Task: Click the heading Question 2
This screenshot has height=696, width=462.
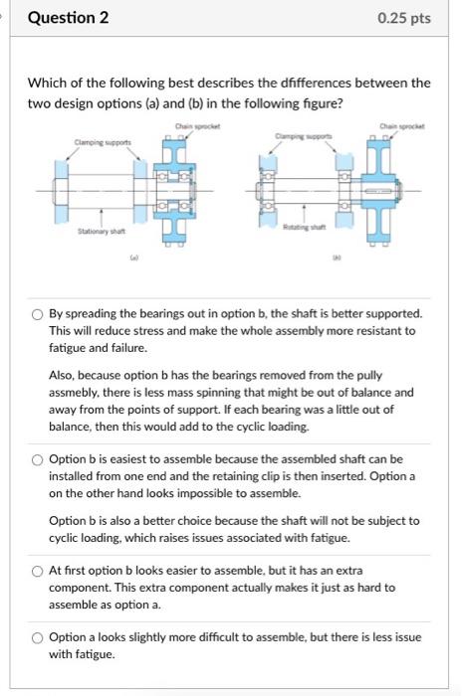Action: pos(68,18)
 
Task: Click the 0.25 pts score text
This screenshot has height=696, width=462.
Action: pos(404,18)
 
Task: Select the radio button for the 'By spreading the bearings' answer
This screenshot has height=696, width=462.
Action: pos(37,314)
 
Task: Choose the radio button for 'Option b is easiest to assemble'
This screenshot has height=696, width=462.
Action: pos(37,459)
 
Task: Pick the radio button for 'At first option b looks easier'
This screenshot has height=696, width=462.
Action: pos(37,572)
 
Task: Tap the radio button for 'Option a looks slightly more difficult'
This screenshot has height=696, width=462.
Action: pos(37,638)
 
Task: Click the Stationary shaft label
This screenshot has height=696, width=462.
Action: pos(102,232)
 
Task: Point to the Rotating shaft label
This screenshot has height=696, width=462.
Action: pos(305,227)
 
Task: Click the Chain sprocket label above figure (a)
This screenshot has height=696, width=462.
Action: pos(197,126)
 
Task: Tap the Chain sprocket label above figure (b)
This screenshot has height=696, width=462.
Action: pos(402,126)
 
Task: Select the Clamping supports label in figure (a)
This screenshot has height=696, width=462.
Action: pos(103,142)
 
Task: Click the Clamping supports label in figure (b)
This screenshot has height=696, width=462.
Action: pos(304,136)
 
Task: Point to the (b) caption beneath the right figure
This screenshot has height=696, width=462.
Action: pos(338,257)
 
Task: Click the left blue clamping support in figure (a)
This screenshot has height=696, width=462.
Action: pos(62,192)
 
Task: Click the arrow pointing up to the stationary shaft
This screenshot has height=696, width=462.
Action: pos(102,218)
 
